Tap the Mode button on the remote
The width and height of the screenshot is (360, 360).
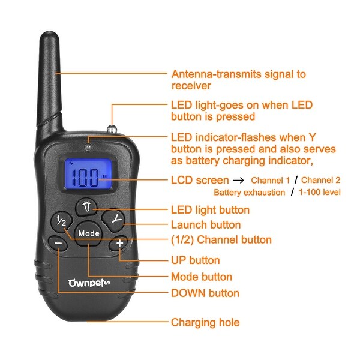[x=88, y=233]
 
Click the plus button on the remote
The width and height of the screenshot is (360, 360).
[x=119, y=243]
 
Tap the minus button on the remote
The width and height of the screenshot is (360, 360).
[x=58, y=243]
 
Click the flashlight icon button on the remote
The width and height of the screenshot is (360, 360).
[x=87, y=208]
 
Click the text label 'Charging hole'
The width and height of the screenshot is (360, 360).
[x=205, y=322]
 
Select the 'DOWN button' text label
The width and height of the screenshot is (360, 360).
[x=205, y=293]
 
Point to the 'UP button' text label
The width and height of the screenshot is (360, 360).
[x=196, y=260]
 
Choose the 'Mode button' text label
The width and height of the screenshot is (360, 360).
[x=202, y=277]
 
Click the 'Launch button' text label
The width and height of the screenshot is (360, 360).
[x=206, y=225]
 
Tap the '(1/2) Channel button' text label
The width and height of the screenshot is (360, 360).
[x=221, y=240]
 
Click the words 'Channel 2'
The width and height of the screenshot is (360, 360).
[x=321, y=180]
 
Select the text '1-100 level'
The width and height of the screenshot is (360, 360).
[x=320, y=192]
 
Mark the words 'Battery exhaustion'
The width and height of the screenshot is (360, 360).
[x=250, y=192]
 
